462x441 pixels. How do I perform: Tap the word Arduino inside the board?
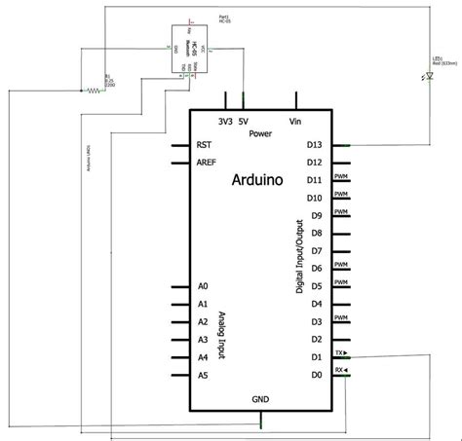(258, 179)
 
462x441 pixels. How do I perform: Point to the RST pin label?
(205, 144)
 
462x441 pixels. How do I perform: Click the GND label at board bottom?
(260, 399)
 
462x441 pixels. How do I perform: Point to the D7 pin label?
(315, 251)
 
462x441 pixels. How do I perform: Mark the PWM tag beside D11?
(341, 177)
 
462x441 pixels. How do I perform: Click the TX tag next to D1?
(340, 353)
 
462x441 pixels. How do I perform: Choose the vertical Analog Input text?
(223, 331)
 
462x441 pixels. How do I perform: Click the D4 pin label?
(315, 305)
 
